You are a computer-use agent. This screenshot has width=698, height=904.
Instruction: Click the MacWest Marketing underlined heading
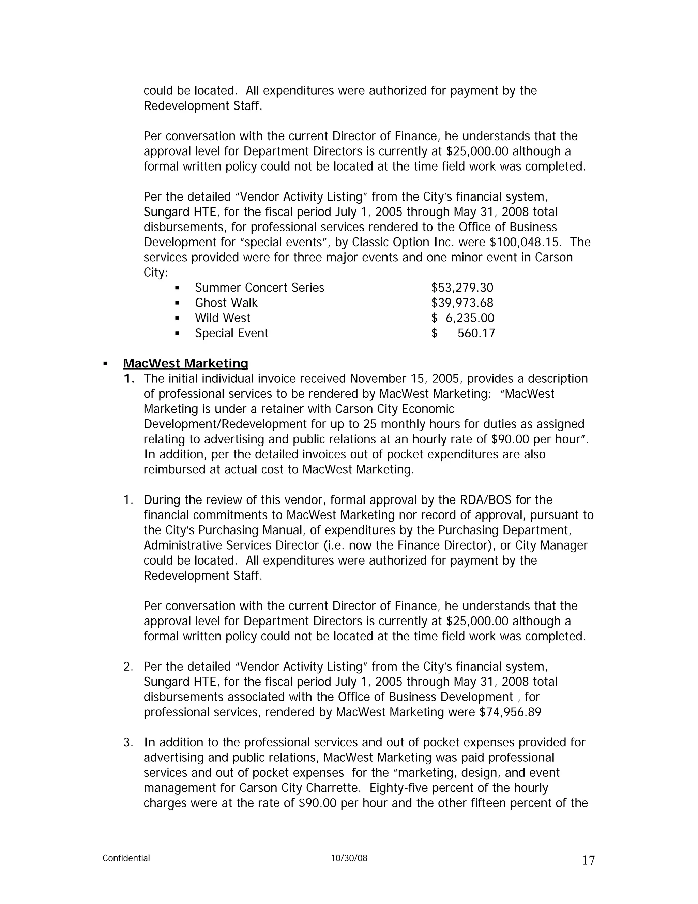point(185,363)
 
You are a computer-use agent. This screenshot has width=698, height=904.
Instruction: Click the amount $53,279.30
point(462,288)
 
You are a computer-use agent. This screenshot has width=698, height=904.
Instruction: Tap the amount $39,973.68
point(462,303)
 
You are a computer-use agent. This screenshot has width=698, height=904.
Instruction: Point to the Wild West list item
point(222,318)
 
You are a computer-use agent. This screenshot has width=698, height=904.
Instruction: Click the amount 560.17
point(475,333)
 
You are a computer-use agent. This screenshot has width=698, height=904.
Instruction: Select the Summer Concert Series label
point(259,288)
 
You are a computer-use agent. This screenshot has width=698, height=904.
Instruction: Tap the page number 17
point(588,860)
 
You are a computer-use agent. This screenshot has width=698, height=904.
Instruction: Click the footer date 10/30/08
point(349,858)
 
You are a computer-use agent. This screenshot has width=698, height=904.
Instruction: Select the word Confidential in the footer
point(126,858)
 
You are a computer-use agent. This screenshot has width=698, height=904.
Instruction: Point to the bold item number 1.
point(128,379)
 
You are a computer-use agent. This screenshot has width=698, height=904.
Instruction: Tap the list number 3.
point(128,742)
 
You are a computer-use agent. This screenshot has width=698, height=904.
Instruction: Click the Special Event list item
point(231,333)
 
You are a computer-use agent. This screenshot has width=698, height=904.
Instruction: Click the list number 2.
point(128,667)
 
